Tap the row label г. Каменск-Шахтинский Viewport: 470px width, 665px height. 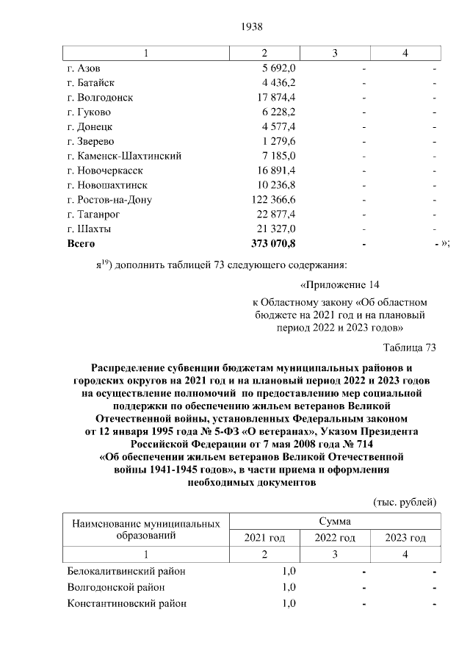click(124, 156)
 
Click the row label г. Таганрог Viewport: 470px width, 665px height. click(98, 214)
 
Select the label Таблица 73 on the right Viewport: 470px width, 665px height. click(410, 347)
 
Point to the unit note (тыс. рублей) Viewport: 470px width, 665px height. click(405, 502)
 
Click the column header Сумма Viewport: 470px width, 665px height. click(334, 521)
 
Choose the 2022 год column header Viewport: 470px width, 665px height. click(335, 539)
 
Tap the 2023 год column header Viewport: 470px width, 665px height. click(405, 539)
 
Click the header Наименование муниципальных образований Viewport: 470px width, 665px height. click(145, 529)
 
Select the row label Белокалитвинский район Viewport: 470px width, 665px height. click(126, 571)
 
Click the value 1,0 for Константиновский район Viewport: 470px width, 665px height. click(289, 603)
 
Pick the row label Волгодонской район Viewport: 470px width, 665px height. click(115, 587)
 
